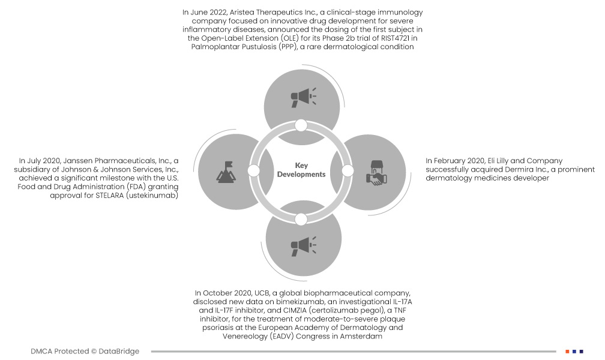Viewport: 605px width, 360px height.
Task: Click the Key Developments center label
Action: click(301, 170)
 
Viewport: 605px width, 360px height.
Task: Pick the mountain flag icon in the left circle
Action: click(225, 172)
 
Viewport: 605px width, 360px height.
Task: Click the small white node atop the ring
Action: click(301, 125)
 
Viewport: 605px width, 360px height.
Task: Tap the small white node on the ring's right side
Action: click(348, 171)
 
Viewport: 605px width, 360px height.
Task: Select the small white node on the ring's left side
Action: click(253, 171)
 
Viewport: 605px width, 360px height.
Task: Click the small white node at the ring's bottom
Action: click(301, 218)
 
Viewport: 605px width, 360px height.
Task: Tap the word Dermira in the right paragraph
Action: click(511, 169)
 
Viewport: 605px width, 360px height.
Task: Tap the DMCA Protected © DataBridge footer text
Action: click(85, 351)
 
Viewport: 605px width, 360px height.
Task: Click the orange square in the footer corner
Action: click(567, 351)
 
